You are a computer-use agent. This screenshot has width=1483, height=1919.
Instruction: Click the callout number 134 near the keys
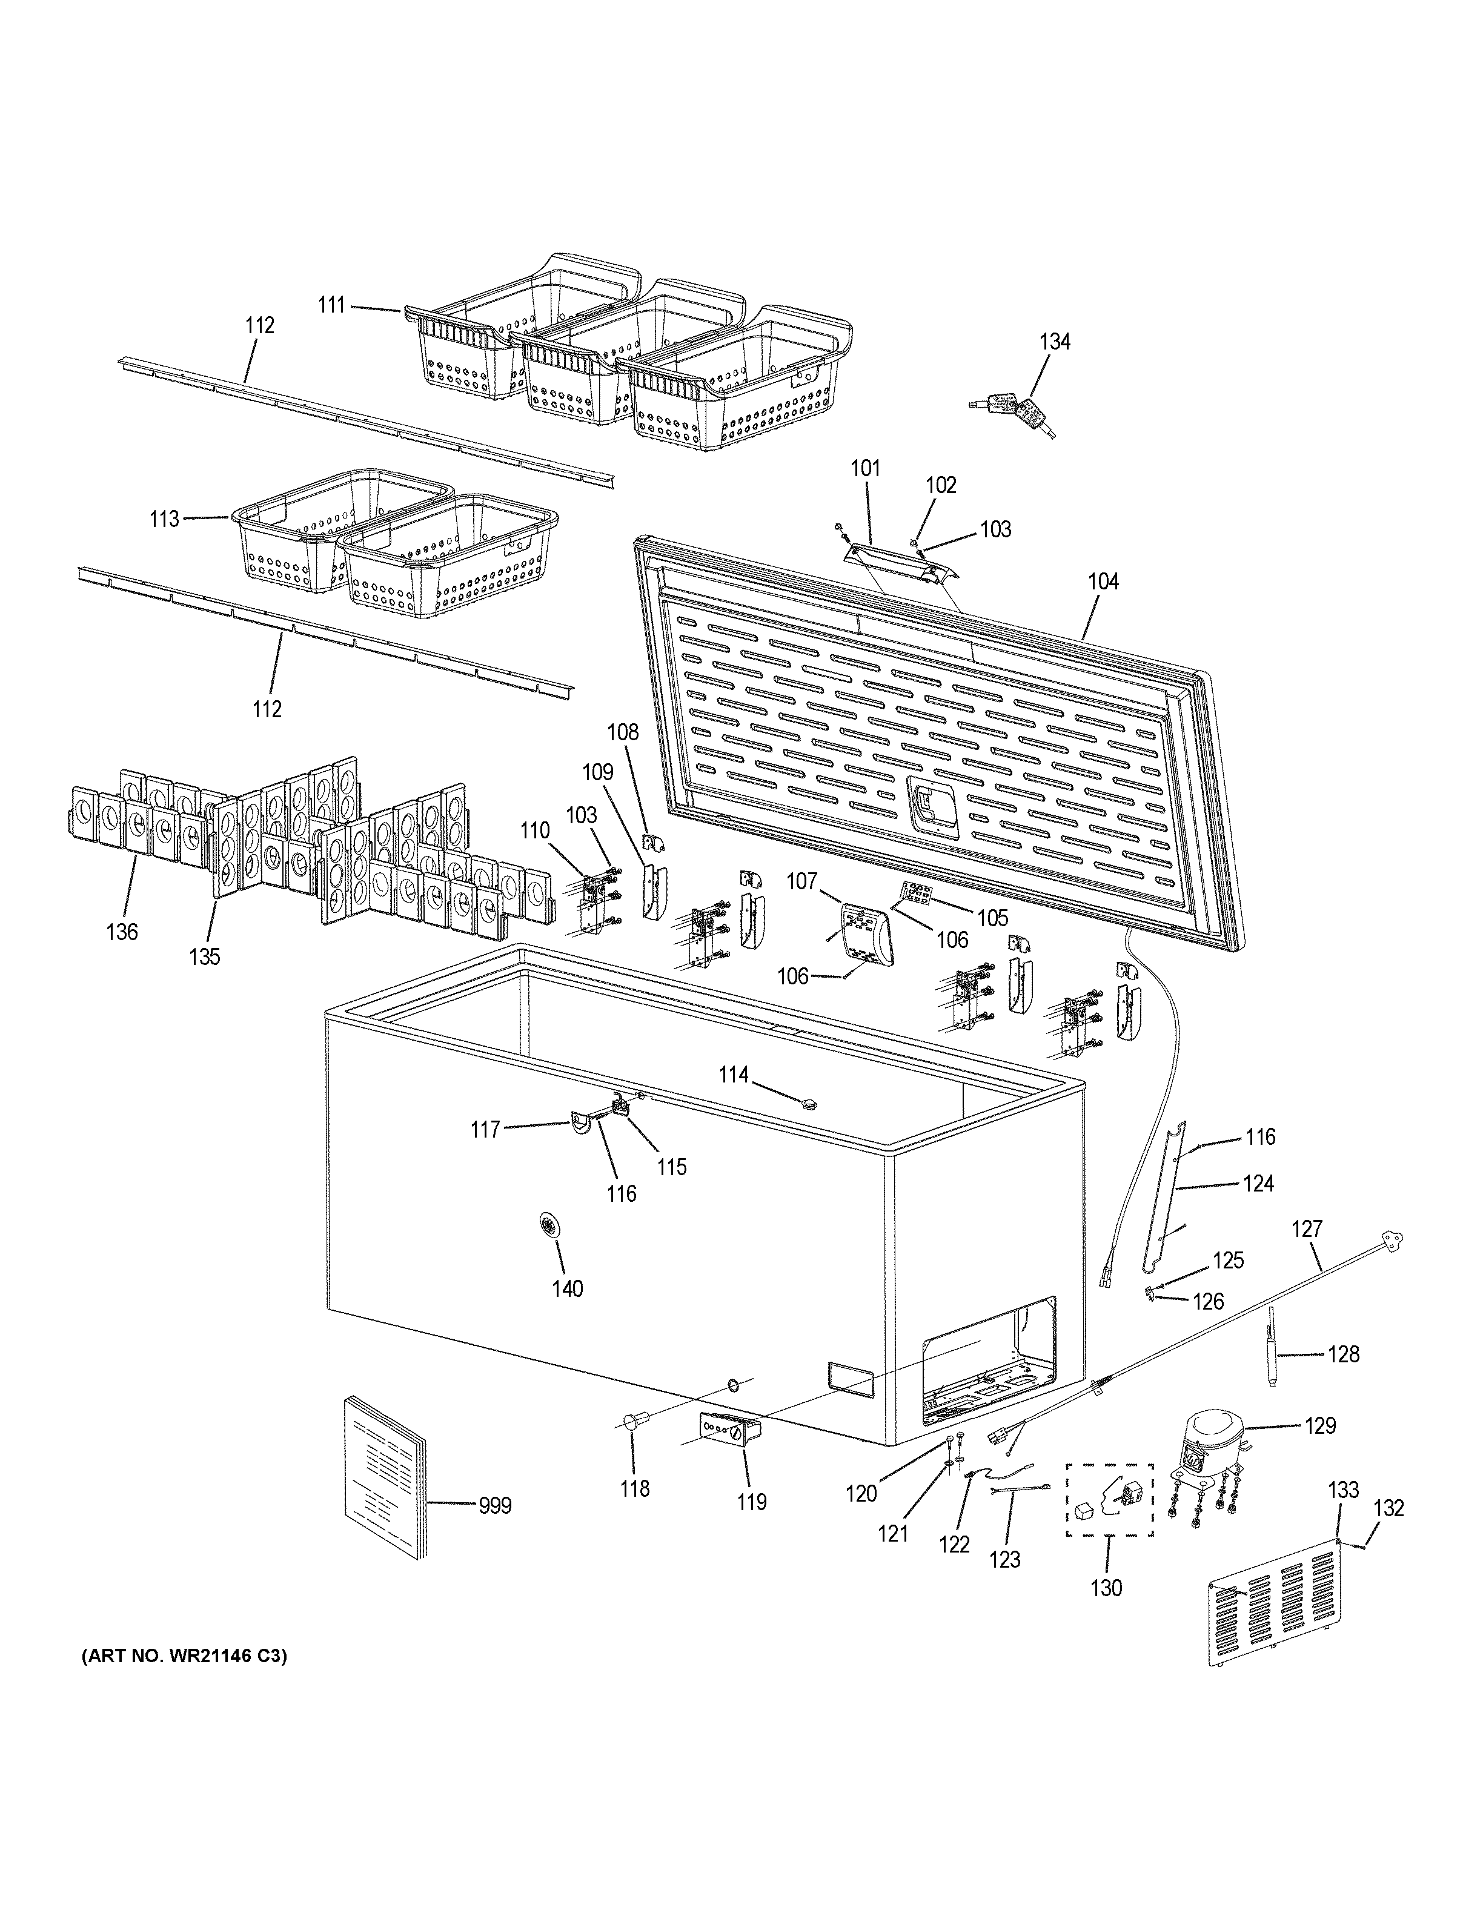click(x=1055, y=342)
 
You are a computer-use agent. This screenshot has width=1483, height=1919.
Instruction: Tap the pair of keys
click(x=1013, y=414)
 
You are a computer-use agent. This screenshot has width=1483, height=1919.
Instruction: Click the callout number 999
click(x=494, y=1506)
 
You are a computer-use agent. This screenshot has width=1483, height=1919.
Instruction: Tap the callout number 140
click(x=566, y=1288)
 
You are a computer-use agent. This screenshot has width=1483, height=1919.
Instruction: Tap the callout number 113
click(x=164, y=519)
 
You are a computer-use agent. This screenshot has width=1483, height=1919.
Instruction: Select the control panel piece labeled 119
click(x=729, y=1430)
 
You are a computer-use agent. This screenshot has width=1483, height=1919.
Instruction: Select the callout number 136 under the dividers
click(x=122, y=932)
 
